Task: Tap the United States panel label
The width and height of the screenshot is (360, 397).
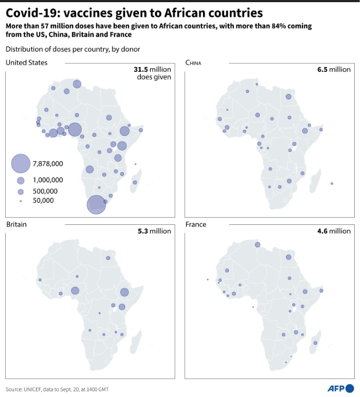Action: click(x=27, y=63)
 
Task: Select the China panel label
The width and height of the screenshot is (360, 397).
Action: click(x=193, y=63)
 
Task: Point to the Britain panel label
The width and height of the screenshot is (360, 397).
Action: click(x=17, y=224)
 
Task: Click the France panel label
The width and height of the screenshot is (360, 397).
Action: click(x=196, y=224)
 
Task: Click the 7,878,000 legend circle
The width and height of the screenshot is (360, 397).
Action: click(x=20, y=164)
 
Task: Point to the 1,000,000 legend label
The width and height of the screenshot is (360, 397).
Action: click(x=48, y=180)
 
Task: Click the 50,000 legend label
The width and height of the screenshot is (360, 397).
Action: click(x=43, y=201)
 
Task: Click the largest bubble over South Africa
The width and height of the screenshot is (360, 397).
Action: click(x=96, y=205)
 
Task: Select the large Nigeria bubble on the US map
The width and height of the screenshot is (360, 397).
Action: click(x=74, y=129)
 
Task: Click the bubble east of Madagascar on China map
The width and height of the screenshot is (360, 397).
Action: click(x=332, y=184)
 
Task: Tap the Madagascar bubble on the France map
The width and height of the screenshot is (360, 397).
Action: click(x=315, y=342)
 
